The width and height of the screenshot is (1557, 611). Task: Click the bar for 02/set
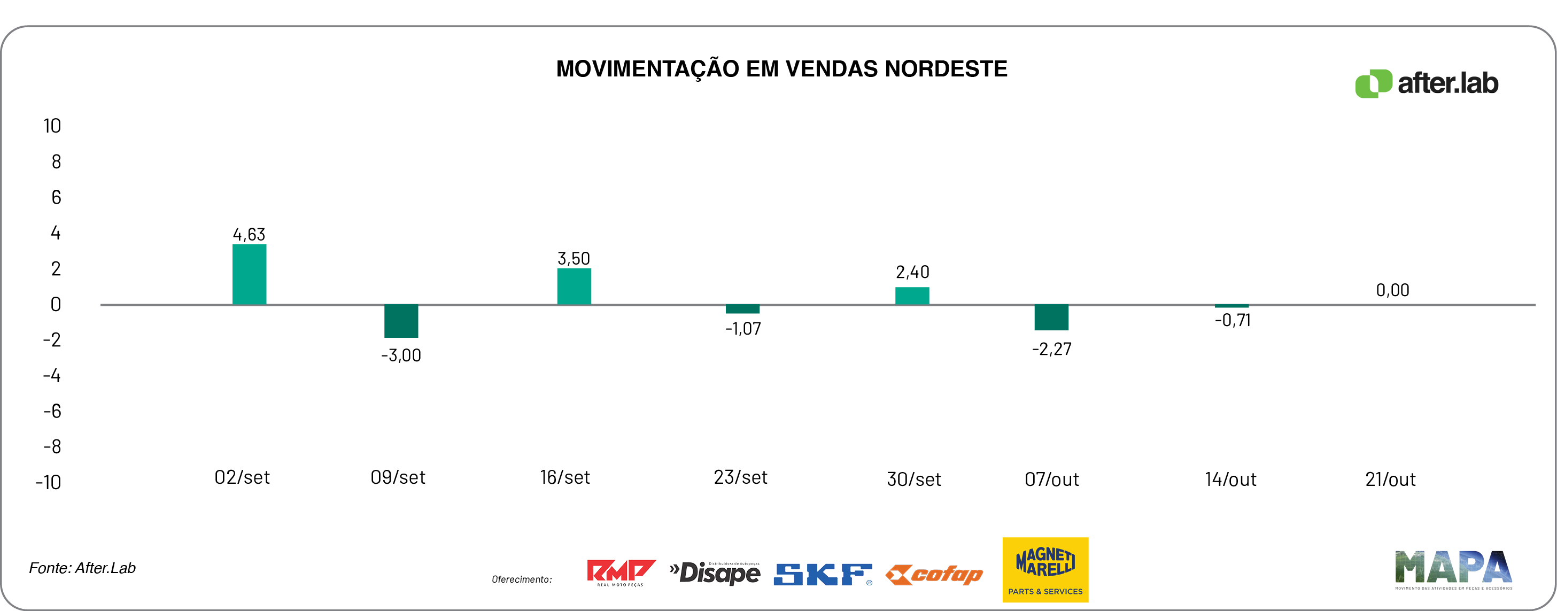(x=249, y=274)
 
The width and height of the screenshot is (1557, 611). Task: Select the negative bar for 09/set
(x=401, y=321)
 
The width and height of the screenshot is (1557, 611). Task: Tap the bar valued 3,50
(x=574, y=287)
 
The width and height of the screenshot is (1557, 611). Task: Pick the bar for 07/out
(x=1051, y=318)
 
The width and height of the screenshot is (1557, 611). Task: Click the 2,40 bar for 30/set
(x=911, y=296)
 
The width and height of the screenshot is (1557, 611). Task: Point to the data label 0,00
(x=1392, y=290)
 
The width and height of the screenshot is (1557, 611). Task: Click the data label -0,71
(x=1233, y=320)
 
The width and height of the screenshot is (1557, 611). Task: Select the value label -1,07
(x=743, y=329)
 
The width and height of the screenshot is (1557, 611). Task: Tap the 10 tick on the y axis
(x=52, y=126)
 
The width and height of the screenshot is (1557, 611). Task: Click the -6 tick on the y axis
(x=52, y=412)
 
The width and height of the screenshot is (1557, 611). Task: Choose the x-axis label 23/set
(x=740, y=477)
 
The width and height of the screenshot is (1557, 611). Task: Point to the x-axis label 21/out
(x=1390, y=479)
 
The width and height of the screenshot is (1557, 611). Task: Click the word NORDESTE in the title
(x=946, y=69)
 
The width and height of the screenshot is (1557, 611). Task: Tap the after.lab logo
(x=1427, y=83)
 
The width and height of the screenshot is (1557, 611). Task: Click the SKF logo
(x=823, y=574)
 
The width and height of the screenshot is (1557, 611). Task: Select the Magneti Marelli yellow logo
(x=1045, y=569)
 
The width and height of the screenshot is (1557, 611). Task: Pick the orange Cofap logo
(x=934, y=574)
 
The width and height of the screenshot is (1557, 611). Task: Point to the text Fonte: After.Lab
(x=82, y=568)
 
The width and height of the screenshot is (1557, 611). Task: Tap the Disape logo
(x=715, y=573)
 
